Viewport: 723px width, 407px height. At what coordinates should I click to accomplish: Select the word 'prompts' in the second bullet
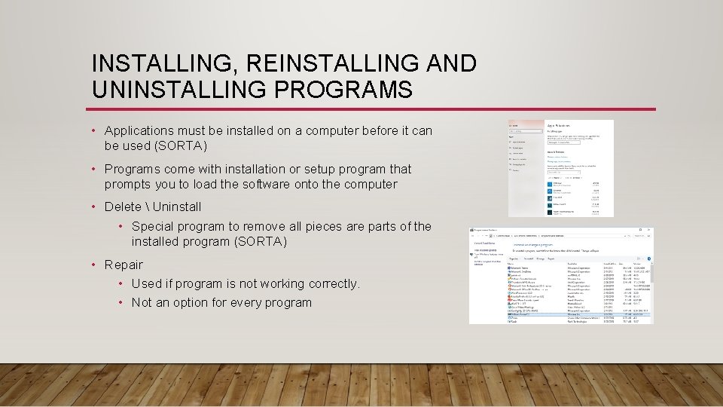click(129, 184)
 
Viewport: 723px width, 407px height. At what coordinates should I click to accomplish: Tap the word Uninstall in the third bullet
click(177, 207)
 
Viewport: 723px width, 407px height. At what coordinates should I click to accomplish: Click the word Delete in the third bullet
click(122, 207)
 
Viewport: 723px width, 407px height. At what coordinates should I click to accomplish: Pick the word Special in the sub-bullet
click(153, 226)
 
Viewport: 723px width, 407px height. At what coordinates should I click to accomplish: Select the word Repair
click(124, 265)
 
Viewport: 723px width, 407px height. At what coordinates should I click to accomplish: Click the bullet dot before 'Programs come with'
click(95, 169)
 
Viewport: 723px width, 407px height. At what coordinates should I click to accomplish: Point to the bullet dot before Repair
click(95, 265)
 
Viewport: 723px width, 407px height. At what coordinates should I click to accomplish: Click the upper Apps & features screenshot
click(561, 168)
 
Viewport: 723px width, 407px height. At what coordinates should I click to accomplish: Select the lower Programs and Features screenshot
click(561, 275)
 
